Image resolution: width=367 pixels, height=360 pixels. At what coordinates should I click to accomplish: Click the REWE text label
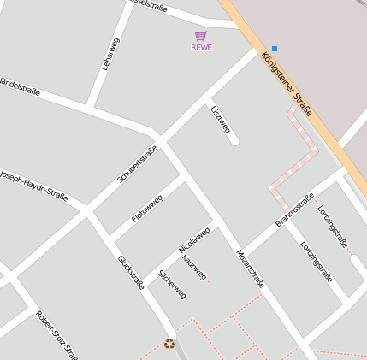tap(201, 47)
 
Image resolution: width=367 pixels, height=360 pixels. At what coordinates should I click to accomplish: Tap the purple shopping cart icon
tap(201, 36)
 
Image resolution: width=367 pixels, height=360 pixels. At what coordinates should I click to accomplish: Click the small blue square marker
tap(275, 48)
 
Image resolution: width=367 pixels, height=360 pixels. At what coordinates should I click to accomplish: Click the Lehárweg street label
tap(110, 54)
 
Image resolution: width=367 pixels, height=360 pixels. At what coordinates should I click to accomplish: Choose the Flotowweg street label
tap(147, 209)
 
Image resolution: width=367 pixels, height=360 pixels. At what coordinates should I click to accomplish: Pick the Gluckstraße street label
tap(131, 272)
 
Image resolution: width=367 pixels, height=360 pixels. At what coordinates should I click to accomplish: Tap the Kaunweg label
tap(195, 265)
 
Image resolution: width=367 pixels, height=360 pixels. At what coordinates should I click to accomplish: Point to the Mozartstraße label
tap(250, 267)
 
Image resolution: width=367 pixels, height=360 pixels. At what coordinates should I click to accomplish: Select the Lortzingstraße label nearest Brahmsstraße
tap(316, 261)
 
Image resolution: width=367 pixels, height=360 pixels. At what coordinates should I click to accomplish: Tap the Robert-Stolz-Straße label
tap(56, 334)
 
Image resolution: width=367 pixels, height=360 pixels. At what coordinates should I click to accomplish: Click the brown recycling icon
tap(169, 344)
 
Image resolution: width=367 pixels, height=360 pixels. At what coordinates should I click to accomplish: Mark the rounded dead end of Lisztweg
tap(234, 141)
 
